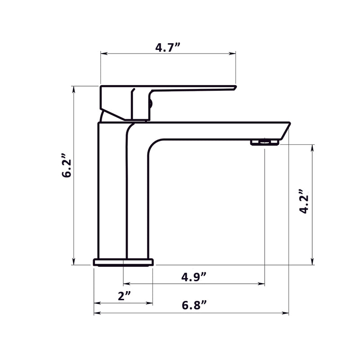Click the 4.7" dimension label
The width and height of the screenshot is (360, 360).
point(168,47)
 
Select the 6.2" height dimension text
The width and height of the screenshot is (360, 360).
point(67,167)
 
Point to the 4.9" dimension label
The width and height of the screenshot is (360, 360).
point(194,277)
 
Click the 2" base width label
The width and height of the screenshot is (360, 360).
point(124,296)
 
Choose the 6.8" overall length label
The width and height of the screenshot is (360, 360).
point(194,305)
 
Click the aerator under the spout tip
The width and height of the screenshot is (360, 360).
point(265,142)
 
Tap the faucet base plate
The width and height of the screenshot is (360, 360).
point(123,262)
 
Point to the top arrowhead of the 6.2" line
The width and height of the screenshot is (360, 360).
point(73,88)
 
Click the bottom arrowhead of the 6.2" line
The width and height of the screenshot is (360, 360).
point(73,262)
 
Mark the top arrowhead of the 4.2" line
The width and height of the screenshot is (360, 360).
point(312,147)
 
